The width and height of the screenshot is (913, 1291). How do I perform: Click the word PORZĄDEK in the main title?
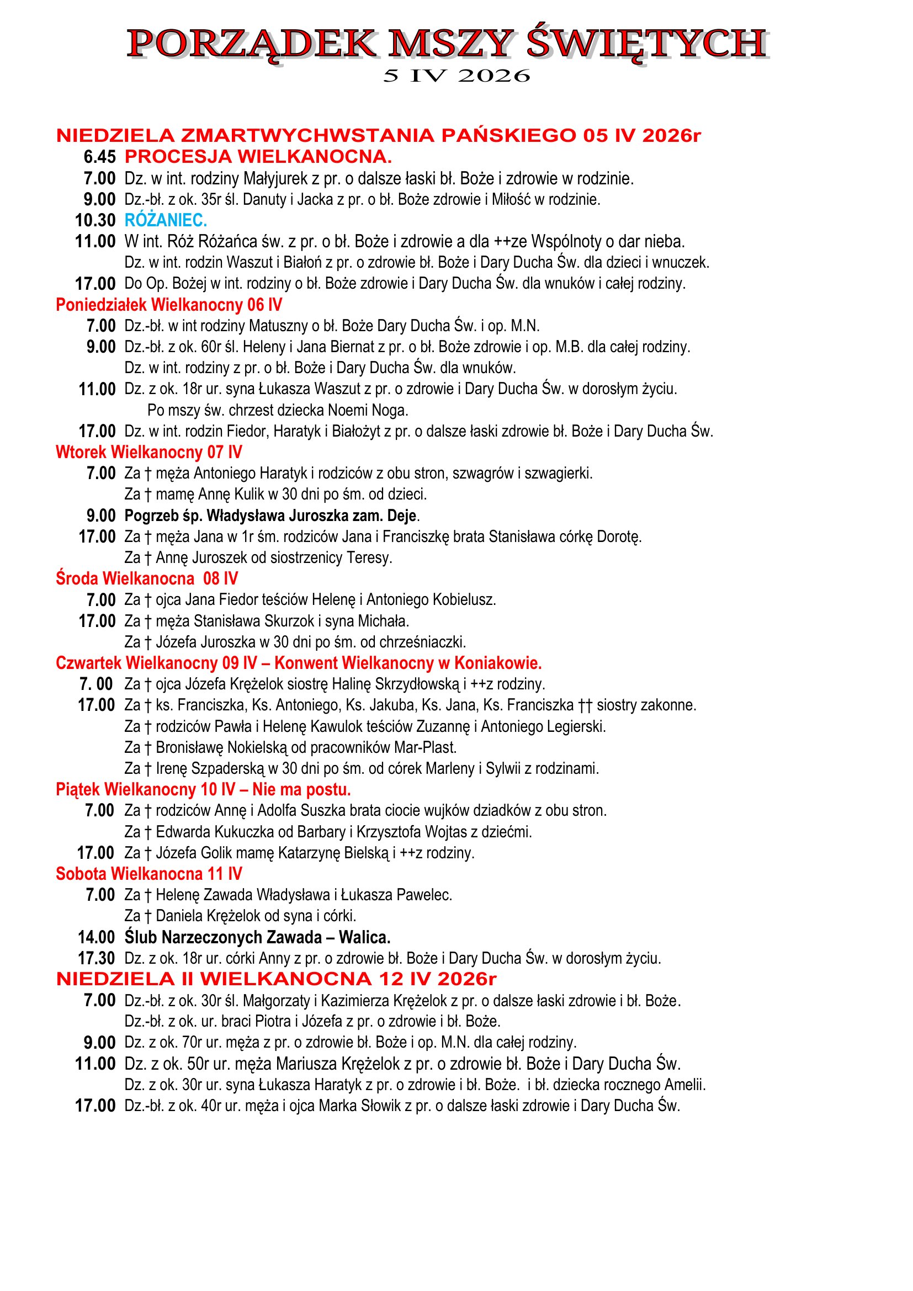252,44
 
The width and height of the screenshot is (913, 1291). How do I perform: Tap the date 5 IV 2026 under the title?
456,76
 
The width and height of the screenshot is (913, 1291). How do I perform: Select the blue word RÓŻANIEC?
166,220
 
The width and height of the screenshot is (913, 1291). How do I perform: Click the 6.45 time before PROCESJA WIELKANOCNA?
99,157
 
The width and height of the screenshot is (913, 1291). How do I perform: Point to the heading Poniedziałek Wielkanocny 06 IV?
169,305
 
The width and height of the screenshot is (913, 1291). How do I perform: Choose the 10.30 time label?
95,220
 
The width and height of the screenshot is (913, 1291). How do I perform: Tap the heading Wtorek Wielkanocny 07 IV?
149,453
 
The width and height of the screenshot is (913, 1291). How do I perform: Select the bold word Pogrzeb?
148,516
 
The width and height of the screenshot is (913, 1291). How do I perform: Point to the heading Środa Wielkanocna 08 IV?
147,578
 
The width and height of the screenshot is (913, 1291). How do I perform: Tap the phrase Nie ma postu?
301,790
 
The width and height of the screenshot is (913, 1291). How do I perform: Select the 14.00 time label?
96,937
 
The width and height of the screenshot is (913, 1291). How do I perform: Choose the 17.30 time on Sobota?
96,958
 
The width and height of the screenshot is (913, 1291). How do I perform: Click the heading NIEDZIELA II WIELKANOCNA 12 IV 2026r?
276,979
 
